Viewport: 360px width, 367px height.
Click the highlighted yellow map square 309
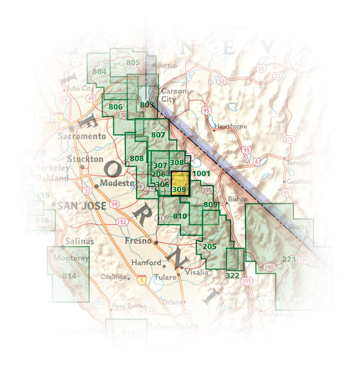(x=179, y=183)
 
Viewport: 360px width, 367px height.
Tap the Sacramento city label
(x=82, y=136)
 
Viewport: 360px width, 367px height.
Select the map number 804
(x=100, y=72)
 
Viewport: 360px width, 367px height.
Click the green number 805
(x=133, y=62)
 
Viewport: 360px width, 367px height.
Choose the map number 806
(x=115, y=106)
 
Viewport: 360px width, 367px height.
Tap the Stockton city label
(x=85, y=159)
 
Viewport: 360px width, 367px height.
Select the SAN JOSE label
(x=81, y=206)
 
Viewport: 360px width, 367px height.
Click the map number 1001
(x=201, y=174)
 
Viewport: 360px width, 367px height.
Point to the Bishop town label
(x=236, y=199)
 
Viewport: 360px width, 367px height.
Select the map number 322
(x=232, y=276)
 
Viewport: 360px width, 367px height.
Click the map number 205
(x=209, y=247)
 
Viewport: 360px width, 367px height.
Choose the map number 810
(x=180, y=215)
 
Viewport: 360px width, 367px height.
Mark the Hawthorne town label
(x=231, y=126)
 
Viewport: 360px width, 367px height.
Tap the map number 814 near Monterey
(x=69, y=276)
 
